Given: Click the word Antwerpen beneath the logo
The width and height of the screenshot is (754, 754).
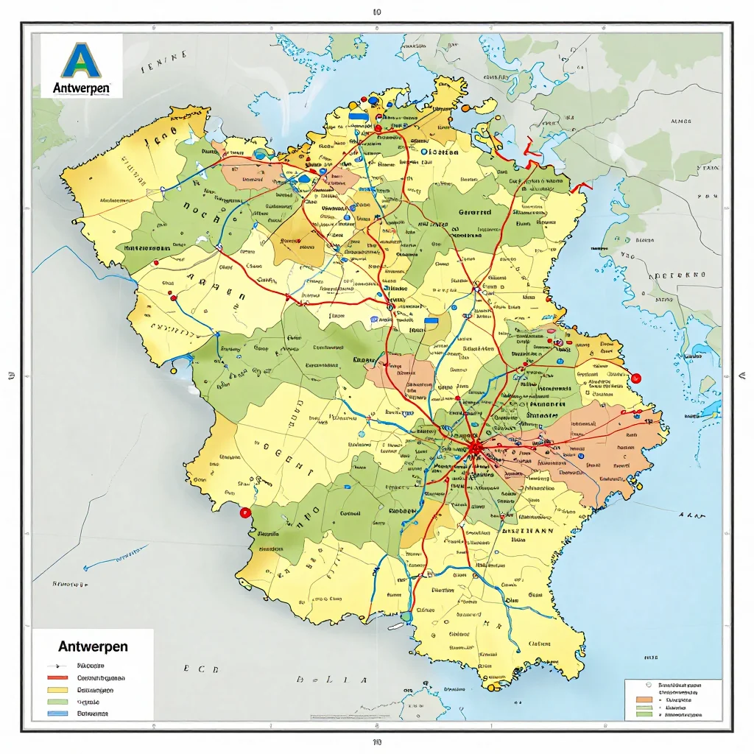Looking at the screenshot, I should (x=82, y=88).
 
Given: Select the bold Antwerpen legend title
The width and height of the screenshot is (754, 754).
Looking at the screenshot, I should (x=92, y=646).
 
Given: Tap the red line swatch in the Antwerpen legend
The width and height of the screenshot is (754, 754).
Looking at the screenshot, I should (x=57, y=677).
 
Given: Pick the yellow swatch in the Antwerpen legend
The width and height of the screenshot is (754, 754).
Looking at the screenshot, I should (x=57, y=690).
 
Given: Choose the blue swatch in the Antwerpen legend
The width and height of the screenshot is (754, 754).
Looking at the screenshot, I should (x=57, y=714).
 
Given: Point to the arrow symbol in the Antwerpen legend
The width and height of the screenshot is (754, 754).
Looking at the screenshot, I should (x=57, y=665).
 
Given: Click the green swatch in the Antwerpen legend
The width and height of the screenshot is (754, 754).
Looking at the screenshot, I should (x=57, y=702).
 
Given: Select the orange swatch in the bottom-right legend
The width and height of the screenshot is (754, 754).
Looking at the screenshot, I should (x=643, y=698).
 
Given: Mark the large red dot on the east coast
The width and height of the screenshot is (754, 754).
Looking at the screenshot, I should (x=636, y=378).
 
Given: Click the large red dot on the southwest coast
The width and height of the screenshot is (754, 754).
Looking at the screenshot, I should (x=246, y=513).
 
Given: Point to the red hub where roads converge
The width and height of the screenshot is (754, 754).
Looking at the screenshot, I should (x=474, y=447).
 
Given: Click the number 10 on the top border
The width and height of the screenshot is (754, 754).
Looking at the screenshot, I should (x=377, y=12).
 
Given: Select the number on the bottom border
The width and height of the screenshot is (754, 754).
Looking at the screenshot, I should (x=377, y=742).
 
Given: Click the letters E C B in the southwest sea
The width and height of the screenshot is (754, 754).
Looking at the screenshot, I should (x=201, y=669).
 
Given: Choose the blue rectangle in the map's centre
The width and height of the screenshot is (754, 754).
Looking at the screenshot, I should (x=437, y=320).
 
